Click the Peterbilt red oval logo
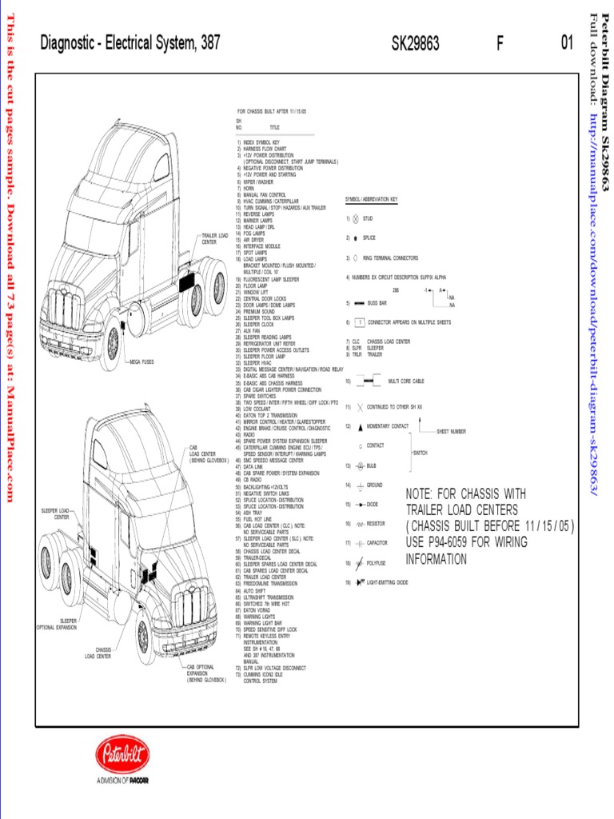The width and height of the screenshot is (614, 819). tap(122, 756)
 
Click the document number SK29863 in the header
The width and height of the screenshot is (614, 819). tap(415, 44)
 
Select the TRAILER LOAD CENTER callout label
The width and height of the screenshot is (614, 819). tap(214, 238)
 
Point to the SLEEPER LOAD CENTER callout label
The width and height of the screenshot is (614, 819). tap(55, 513)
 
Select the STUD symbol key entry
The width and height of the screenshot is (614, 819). tap(368, 218)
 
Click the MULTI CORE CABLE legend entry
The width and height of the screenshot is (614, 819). tap(405, 382)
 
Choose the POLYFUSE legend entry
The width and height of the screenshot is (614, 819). tap(376, 563)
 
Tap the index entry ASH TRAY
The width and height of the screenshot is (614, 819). tap(252, 513)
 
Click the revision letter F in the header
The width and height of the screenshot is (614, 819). tap(500, 44)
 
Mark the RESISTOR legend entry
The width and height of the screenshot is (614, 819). tap(375, 524)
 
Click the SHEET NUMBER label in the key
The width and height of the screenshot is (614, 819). tap(451, 431)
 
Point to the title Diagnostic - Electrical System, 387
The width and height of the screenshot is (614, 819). tap(130, 44)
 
